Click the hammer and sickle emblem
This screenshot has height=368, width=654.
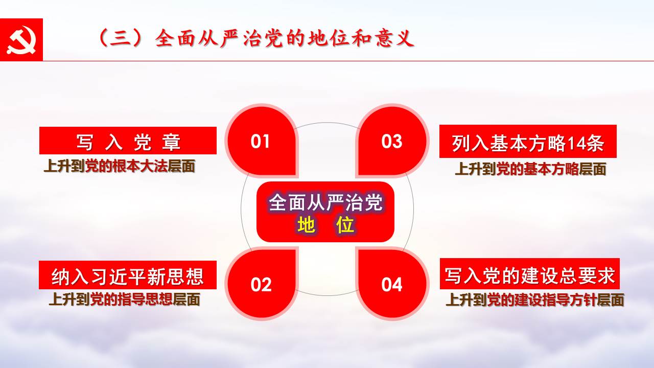click(x=21, y=40)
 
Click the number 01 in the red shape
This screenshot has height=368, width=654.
click(x=260, y=142)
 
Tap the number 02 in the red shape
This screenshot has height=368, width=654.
click(x=261, y=285)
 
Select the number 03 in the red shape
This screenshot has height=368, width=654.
click(x=391, y=142)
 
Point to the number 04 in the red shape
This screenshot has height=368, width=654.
click(x=391, y=285)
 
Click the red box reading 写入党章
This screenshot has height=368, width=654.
click(x=128, y=141)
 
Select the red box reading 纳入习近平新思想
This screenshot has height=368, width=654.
click(x=128, y=275)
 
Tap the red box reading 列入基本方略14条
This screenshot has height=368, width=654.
click(x=528, y=142)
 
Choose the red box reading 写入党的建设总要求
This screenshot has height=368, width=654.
click(x=530, y=273)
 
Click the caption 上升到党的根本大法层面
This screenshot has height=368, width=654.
click(x=120, y=167)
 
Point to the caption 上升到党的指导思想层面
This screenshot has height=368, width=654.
click(x=124, y=300)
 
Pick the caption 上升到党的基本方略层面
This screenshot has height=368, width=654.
click(x=530, y=169)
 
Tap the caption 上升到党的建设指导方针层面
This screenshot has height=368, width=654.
click(x=534, y=300)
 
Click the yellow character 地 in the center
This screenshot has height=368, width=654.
click(x=306, y=224)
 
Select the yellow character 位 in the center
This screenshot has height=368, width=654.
click(x=345, y=224)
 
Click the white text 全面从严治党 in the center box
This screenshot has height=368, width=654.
click(x=325, y=202)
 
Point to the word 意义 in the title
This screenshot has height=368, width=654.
click(x=395, y=38)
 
